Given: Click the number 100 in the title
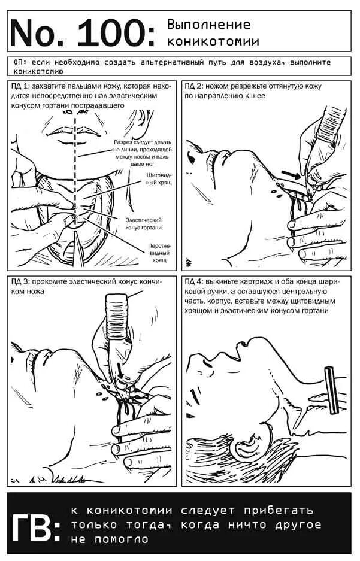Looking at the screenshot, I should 114,32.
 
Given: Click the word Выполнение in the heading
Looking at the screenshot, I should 208,25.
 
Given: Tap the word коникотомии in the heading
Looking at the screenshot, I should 213,41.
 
